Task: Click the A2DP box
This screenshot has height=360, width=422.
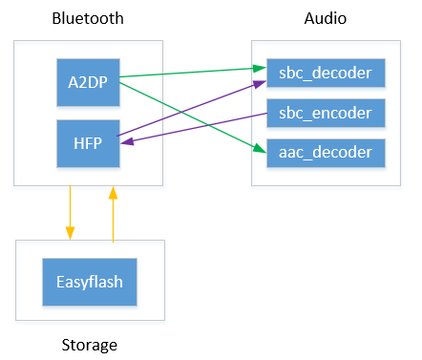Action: point(88,82)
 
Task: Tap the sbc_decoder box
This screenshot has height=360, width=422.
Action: point(326,74)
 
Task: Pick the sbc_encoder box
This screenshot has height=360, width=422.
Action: point(326,113)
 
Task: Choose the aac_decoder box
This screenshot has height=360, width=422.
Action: point(326,152)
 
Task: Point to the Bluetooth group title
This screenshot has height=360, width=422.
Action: point(88,19)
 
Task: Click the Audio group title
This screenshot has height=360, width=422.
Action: point(326,19)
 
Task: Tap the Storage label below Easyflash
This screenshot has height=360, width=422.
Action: point(88,343)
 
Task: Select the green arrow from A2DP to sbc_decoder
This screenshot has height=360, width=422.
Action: point(191,74)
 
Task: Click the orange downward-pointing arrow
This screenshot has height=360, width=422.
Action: point(69,212)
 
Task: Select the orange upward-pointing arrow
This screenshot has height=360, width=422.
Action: point(114,214)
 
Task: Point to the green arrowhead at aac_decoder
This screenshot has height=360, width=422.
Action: point(261,150)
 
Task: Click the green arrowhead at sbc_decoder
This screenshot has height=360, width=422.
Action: point(261,69)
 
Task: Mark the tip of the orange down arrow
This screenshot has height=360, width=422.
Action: point(69,237)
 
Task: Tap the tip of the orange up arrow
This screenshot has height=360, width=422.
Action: point(114,189)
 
